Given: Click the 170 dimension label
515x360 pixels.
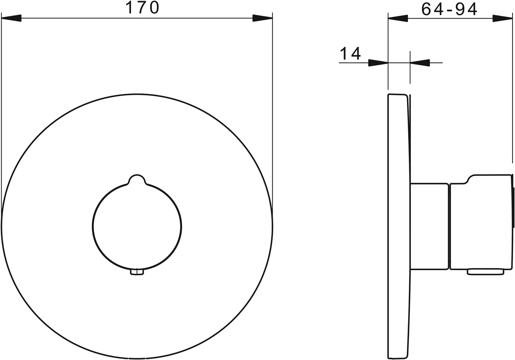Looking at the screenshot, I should pyautogui.click(x=142, y=8).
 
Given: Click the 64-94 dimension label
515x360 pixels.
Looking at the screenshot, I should pyautogui.click(x=449, y=8).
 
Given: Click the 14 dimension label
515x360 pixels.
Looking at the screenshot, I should pyautogui.click(x=350, y=54).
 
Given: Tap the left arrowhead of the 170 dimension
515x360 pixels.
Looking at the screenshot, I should pyautogui.click(x=11, y=18).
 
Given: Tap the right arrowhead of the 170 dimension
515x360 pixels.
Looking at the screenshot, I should pyautogui.click(x=262, y=18).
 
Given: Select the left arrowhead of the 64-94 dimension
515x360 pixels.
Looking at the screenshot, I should pyautogui.click(x=398, y=18).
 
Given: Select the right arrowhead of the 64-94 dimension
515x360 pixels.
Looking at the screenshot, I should pyautogui.click(x=502, y=18).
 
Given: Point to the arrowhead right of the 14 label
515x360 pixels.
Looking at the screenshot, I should pyautogui.click(x=378, y=63).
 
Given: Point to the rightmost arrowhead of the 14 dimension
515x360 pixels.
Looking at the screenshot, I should pyautogui.click(x=420, y=63).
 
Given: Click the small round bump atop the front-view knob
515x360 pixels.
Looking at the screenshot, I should pyautogui.click(x=137, y=179).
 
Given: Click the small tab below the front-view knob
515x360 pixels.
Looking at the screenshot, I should pyautogui.click(x=137, y=272).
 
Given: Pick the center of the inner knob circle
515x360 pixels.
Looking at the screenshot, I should pyautogui.click(x=137, y=227).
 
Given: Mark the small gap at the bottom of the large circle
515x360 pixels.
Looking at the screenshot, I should pyautogui.click(x=137, y=358).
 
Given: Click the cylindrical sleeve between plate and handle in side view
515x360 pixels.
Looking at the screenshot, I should pyautogui.click(x=429, y=226).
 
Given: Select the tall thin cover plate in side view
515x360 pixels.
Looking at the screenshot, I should pyautogui.click(x=398, y=226).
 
